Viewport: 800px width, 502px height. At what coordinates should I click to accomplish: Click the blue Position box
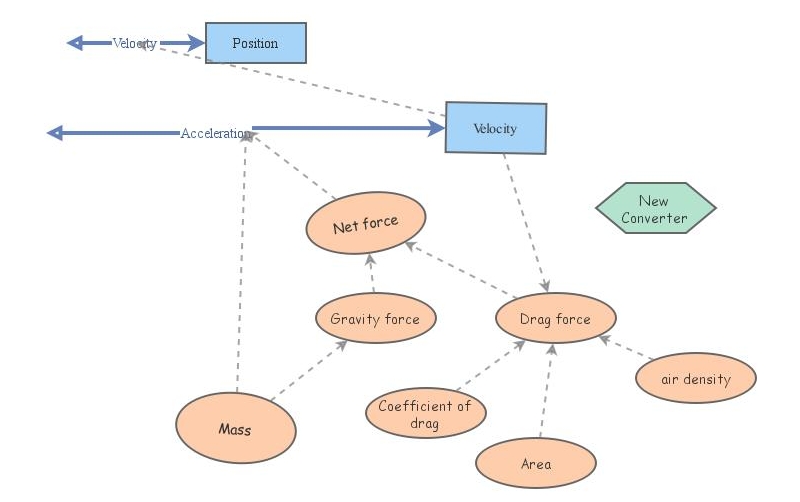tap(255, 43)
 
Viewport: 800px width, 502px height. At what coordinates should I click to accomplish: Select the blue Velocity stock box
tap(496, 128)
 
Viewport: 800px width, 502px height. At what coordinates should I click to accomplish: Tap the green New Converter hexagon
tap(656, 209)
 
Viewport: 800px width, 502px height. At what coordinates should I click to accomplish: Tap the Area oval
tap(536, 464)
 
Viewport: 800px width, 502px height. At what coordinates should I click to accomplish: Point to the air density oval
tap(696, 379)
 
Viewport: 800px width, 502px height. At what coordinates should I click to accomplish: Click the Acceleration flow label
tap(215, 133)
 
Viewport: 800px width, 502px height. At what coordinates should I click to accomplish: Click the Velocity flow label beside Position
tap(134, 43)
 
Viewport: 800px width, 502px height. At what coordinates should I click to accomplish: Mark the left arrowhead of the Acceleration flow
tap(56, 133)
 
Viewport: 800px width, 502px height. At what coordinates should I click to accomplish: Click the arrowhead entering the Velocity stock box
tap(436, 128)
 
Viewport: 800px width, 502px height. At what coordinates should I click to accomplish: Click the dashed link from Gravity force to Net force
tap(372, 274)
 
